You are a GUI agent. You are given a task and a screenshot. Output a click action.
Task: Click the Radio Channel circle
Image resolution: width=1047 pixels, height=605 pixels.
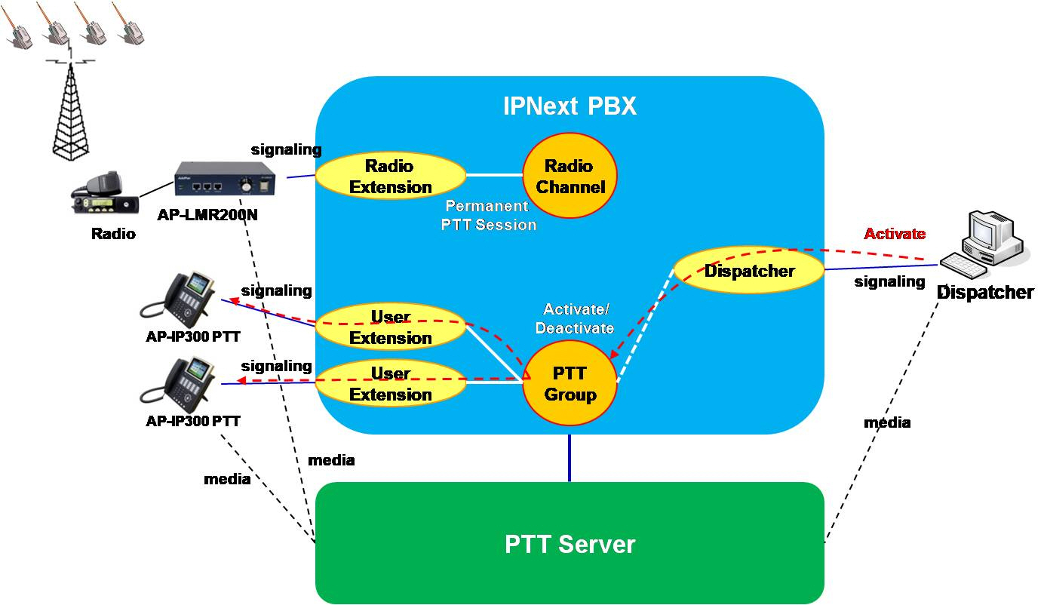point(570,177)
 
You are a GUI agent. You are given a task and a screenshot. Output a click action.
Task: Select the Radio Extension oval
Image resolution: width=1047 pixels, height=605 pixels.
point(390,176)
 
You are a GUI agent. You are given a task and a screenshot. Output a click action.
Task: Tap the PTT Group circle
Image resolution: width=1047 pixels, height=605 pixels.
point(570,383)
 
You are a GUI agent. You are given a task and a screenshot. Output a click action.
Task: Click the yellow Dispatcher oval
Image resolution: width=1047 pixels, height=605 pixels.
point(749,270)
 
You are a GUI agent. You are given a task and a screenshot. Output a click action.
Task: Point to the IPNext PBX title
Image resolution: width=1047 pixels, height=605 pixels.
point(570,106)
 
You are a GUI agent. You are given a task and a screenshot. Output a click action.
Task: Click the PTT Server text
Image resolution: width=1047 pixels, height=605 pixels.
point(570,544)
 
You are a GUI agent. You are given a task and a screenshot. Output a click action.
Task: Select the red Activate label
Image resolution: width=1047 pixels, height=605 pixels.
point(895,234)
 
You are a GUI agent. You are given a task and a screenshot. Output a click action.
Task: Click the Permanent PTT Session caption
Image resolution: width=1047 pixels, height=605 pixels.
point(488,215)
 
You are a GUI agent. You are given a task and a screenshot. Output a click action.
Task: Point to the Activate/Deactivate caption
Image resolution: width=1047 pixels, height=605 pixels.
point(577,319)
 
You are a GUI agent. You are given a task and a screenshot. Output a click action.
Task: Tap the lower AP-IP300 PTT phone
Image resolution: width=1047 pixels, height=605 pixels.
point(178,382)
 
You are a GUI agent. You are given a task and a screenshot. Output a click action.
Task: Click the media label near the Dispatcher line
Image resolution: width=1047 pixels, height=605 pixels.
point(887,423)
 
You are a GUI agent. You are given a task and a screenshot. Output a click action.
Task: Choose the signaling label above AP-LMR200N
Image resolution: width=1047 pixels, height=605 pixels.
point(286,149)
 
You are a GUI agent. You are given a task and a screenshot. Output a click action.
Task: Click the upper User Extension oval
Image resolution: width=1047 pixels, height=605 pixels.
point(390,327)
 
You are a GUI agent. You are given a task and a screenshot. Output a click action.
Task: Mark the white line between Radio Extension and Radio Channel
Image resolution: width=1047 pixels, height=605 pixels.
point(494,175)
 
